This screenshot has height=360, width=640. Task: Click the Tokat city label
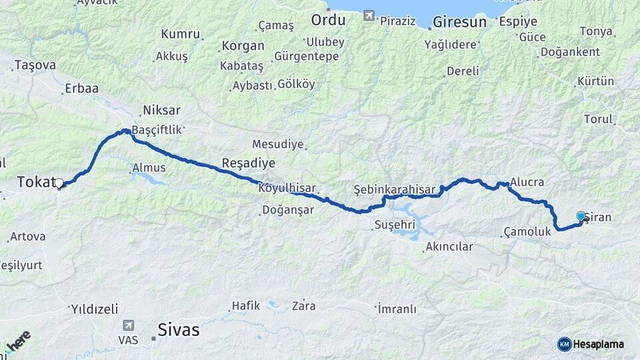tap(33, 181)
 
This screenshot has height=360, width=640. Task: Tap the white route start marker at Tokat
tap(59, 183)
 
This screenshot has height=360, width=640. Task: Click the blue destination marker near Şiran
tap(581, 216)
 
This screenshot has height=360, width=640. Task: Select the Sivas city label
tap(178, 329)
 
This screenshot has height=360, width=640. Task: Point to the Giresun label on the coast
tap(459, 22)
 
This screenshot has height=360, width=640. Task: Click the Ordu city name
tap(328, 20)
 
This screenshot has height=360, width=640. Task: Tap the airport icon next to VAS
tap(127, 325)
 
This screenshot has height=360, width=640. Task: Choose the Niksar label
tap(161, 111)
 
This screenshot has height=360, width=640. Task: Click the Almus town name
tap(149, 168)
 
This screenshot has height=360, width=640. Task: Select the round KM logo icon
tap(564, 344)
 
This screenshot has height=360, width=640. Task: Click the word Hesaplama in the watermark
tap(598, 344)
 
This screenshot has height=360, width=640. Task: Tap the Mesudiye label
tap(278, 144)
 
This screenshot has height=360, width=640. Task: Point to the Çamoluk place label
tap(527, 232)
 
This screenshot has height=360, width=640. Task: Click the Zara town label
tap(303, 307)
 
